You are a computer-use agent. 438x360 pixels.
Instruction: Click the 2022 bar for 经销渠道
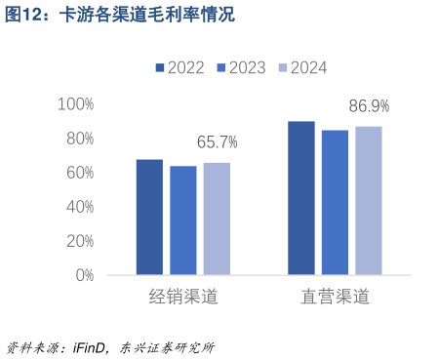149,217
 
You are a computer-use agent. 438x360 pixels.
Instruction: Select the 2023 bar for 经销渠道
183,220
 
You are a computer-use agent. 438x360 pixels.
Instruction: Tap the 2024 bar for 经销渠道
217,219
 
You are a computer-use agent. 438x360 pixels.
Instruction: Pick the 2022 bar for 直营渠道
301,198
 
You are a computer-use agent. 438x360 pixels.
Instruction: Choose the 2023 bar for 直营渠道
335,202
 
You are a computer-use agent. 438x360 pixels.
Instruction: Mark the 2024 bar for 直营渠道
369,200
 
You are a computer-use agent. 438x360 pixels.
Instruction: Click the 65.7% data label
217,142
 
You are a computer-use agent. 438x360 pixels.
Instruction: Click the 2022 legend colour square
160,68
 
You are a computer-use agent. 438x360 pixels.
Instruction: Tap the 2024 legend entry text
308,68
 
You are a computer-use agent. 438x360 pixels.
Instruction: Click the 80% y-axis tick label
78,139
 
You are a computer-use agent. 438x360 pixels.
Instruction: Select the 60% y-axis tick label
78,173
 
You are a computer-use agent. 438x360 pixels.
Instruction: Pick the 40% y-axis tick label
78,207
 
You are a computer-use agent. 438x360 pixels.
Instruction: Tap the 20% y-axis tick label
78,241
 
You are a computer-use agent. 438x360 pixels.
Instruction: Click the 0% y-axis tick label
82,275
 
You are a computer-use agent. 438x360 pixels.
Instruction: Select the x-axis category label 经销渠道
183,297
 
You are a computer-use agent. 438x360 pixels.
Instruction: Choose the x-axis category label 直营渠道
335,297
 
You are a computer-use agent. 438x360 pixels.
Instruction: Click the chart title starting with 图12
118,16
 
